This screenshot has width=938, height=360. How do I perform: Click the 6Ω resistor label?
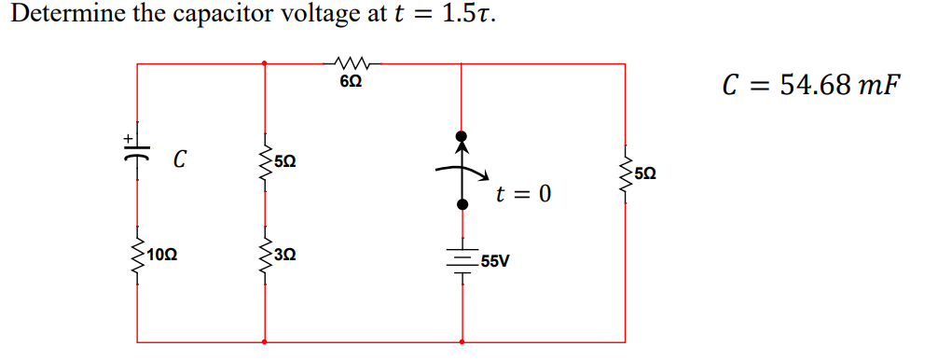point(351,83)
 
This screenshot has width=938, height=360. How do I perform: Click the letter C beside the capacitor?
point(177,160)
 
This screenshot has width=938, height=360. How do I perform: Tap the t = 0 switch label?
point(523,194)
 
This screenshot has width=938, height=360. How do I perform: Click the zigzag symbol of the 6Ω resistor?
point(352,63)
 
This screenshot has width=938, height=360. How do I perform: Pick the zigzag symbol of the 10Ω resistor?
point(138,253)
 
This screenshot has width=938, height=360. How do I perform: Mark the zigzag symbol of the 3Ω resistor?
point(266,253)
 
